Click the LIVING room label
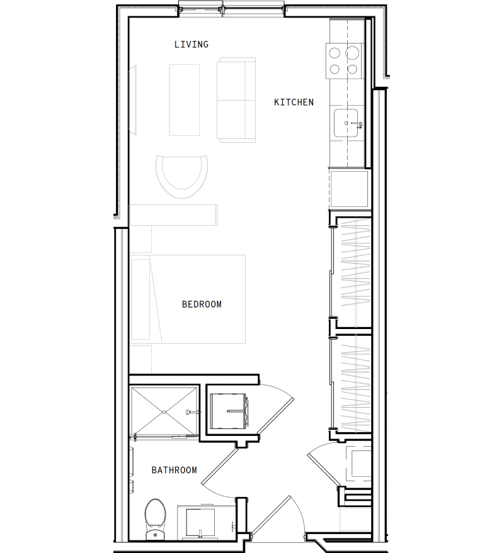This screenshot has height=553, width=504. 191,45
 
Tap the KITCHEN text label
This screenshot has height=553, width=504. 294,102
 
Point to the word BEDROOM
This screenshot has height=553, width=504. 202,304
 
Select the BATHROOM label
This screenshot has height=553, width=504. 174,470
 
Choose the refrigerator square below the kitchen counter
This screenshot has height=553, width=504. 348,188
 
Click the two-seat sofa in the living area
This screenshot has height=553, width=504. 236,99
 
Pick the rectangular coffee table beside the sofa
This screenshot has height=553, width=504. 184,99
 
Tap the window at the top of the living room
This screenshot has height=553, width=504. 231,9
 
